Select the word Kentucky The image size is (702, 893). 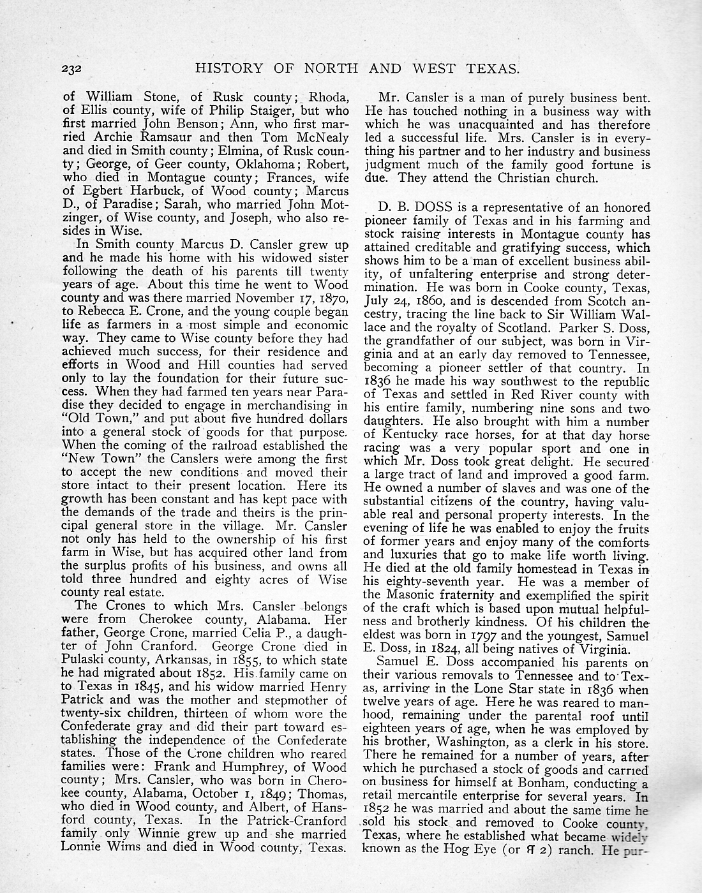click(x=411, y=435)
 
